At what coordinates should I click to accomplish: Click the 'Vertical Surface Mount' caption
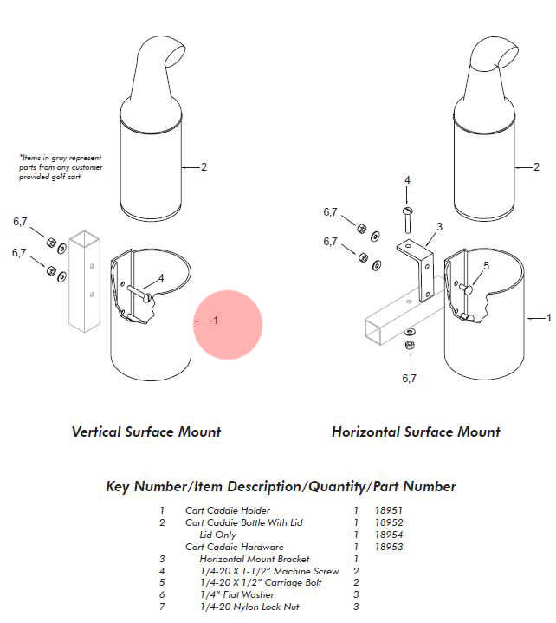point(146,432)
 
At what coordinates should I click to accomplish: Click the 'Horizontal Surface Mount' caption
point(416,432)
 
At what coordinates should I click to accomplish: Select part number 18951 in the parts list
point(389,511)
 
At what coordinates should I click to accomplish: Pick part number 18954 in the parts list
point(389,535)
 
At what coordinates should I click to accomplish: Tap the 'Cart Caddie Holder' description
point(228,511)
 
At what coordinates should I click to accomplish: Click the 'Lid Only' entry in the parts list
point(217,535)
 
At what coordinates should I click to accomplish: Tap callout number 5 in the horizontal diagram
point(486,266)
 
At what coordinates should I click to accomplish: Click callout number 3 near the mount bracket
point(439,226)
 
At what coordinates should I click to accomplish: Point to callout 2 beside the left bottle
point(204,166)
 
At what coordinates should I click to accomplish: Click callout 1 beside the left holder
point(216,321)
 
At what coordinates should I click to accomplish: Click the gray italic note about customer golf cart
point(61,166)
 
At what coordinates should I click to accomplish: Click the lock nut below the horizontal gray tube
point(409,347)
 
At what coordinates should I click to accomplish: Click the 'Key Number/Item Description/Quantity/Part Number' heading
point(281,486)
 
